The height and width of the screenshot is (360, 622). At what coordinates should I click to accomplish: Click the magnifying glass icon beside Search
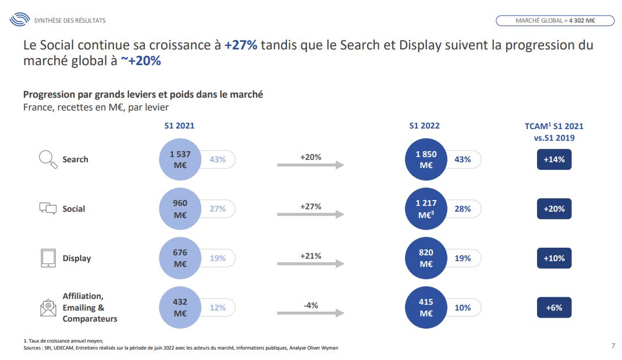tap(48, 159)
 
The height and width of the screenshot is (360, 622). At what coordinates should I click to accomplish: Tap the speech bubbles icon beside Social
tap(48, 208)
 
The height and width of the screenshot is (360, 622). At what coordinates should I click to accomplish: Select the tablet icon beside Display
tap(48, 258)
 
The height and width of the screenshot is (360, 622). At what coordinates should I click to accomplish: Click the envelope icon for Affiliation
tap(48, 307)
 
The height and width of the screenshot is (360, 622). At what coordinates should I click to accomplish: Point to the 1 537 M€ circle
tap(180, 159)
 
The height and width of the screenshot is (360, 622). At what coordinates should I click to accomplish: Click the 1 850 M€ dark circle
tap(426, 159)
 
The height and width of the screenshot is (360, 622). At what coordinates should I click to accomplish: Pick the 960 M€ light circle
tap(180, 209)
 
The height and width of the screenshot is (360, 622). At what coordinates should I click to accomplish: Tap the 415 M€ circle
tap(426, 308)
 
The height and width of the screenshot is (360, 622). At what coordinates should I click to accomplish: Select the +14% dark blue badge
tap(554, 159)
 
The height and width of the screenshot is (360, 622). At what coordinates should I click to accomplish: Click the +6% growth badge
tap(554, 308)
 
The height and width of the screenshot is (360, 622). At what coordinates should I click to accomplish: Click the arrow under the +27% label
tap(311, 214)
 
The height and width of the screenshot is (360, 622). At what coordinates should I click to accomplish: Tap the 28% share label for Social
tap(463, 209)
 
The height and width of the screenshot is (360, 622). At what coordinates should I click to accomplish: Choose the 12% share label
tap(218, 308)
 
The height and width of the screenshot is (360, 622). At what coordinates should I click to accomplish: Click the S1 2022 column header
tap(424, 126)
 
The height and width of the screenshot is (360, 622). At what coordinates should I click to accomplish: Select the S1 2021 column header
tap(179, 126)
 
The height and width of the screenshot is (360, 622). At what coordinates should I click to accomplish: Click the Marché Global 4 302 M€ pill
tap(555, 21)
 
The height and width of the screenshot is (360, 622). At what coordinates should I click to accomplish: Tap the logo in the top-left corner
tap(19, 20)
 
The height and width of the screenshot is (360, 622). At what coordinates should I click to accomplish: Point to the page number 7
tap(613, 346)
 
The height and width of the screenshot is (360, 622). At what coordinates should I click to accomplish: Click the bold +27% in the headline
tap(240, 45)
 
